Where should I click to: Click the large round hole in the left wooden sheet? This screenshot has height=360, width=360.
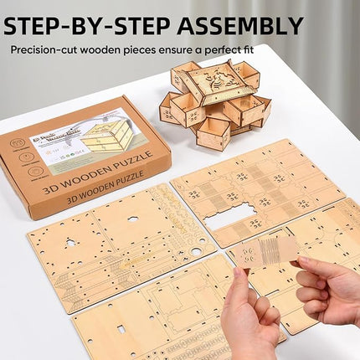tap(196, 251)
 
